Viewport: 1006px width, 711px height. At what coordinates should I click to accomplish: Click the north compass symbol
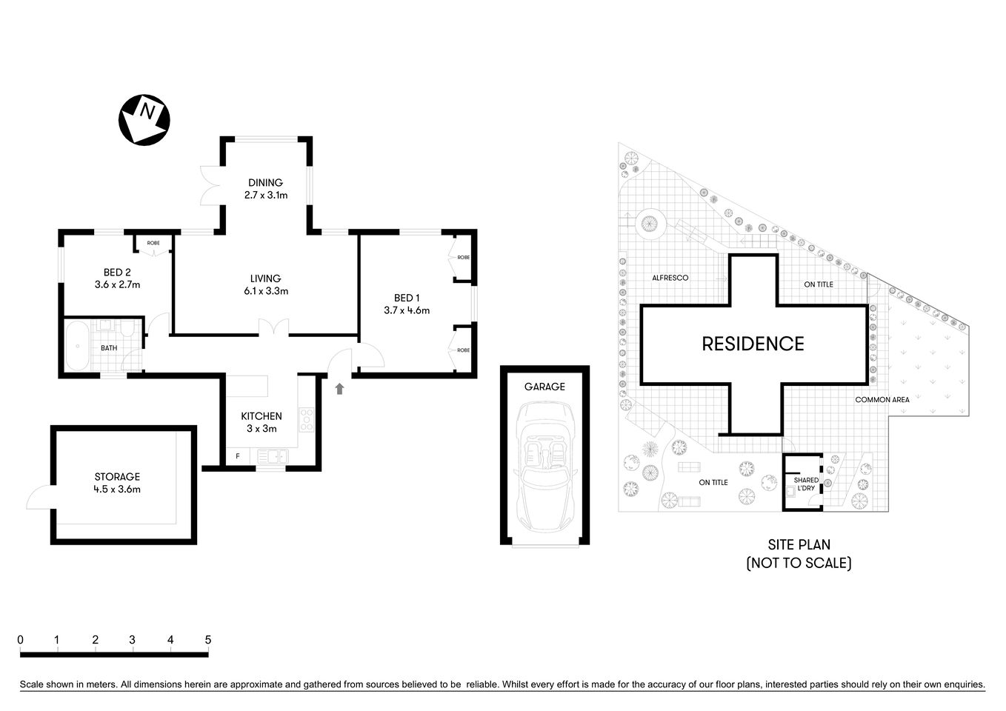coord(144,119)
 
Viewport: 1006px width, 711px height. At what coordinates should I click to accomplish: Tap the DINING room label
coord(265,189)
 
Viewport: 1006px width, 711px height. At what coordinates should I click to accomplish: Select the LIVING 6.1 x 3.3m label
coord(265,284)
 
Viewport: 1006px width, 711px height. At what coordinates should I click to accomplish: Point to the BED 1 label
coord(407,304)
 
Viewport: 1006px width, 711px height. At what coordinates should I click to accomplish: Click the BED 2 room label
coord(117,278)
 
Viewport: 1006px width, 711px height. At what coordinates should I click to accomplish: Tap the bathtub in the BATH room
coord(78,346)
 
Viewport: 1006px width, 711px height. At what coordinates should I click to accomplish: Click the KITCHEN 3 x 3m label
coord(261,422)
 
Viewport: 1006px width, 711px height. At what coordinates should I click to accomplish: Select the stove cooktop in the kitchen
coord(306,421)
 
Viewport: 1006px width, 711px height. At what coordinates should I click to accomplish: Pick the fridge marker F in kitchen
coord(238,455)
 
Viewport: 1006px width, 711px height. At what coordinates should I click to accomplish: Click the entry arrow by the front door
coord(340,388)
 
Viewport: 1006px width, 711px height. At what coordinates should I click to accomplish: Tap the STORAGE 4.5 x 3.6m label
coord(117,482)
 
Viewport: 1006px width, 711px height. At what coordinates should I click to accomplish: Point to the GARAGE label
coord(544,387)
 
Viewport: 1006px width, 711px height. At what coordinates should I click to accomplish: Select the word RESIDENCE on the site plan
coord(753,344)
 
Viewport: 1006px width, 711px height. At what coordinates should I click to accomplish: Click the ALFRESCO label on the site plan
coord(670,278)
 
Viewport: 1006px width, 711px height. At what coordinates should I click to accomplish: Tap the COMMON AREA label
coord(882,400)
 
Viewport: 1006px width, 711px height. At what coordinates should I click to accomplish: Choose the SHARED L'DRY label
coord(806,484)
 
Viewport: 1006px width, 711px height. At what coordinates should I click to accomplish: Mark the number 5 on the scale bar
coord(208,640)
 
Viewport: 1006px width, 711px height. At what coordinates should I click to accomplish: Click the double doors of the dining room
coord(210,184)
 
